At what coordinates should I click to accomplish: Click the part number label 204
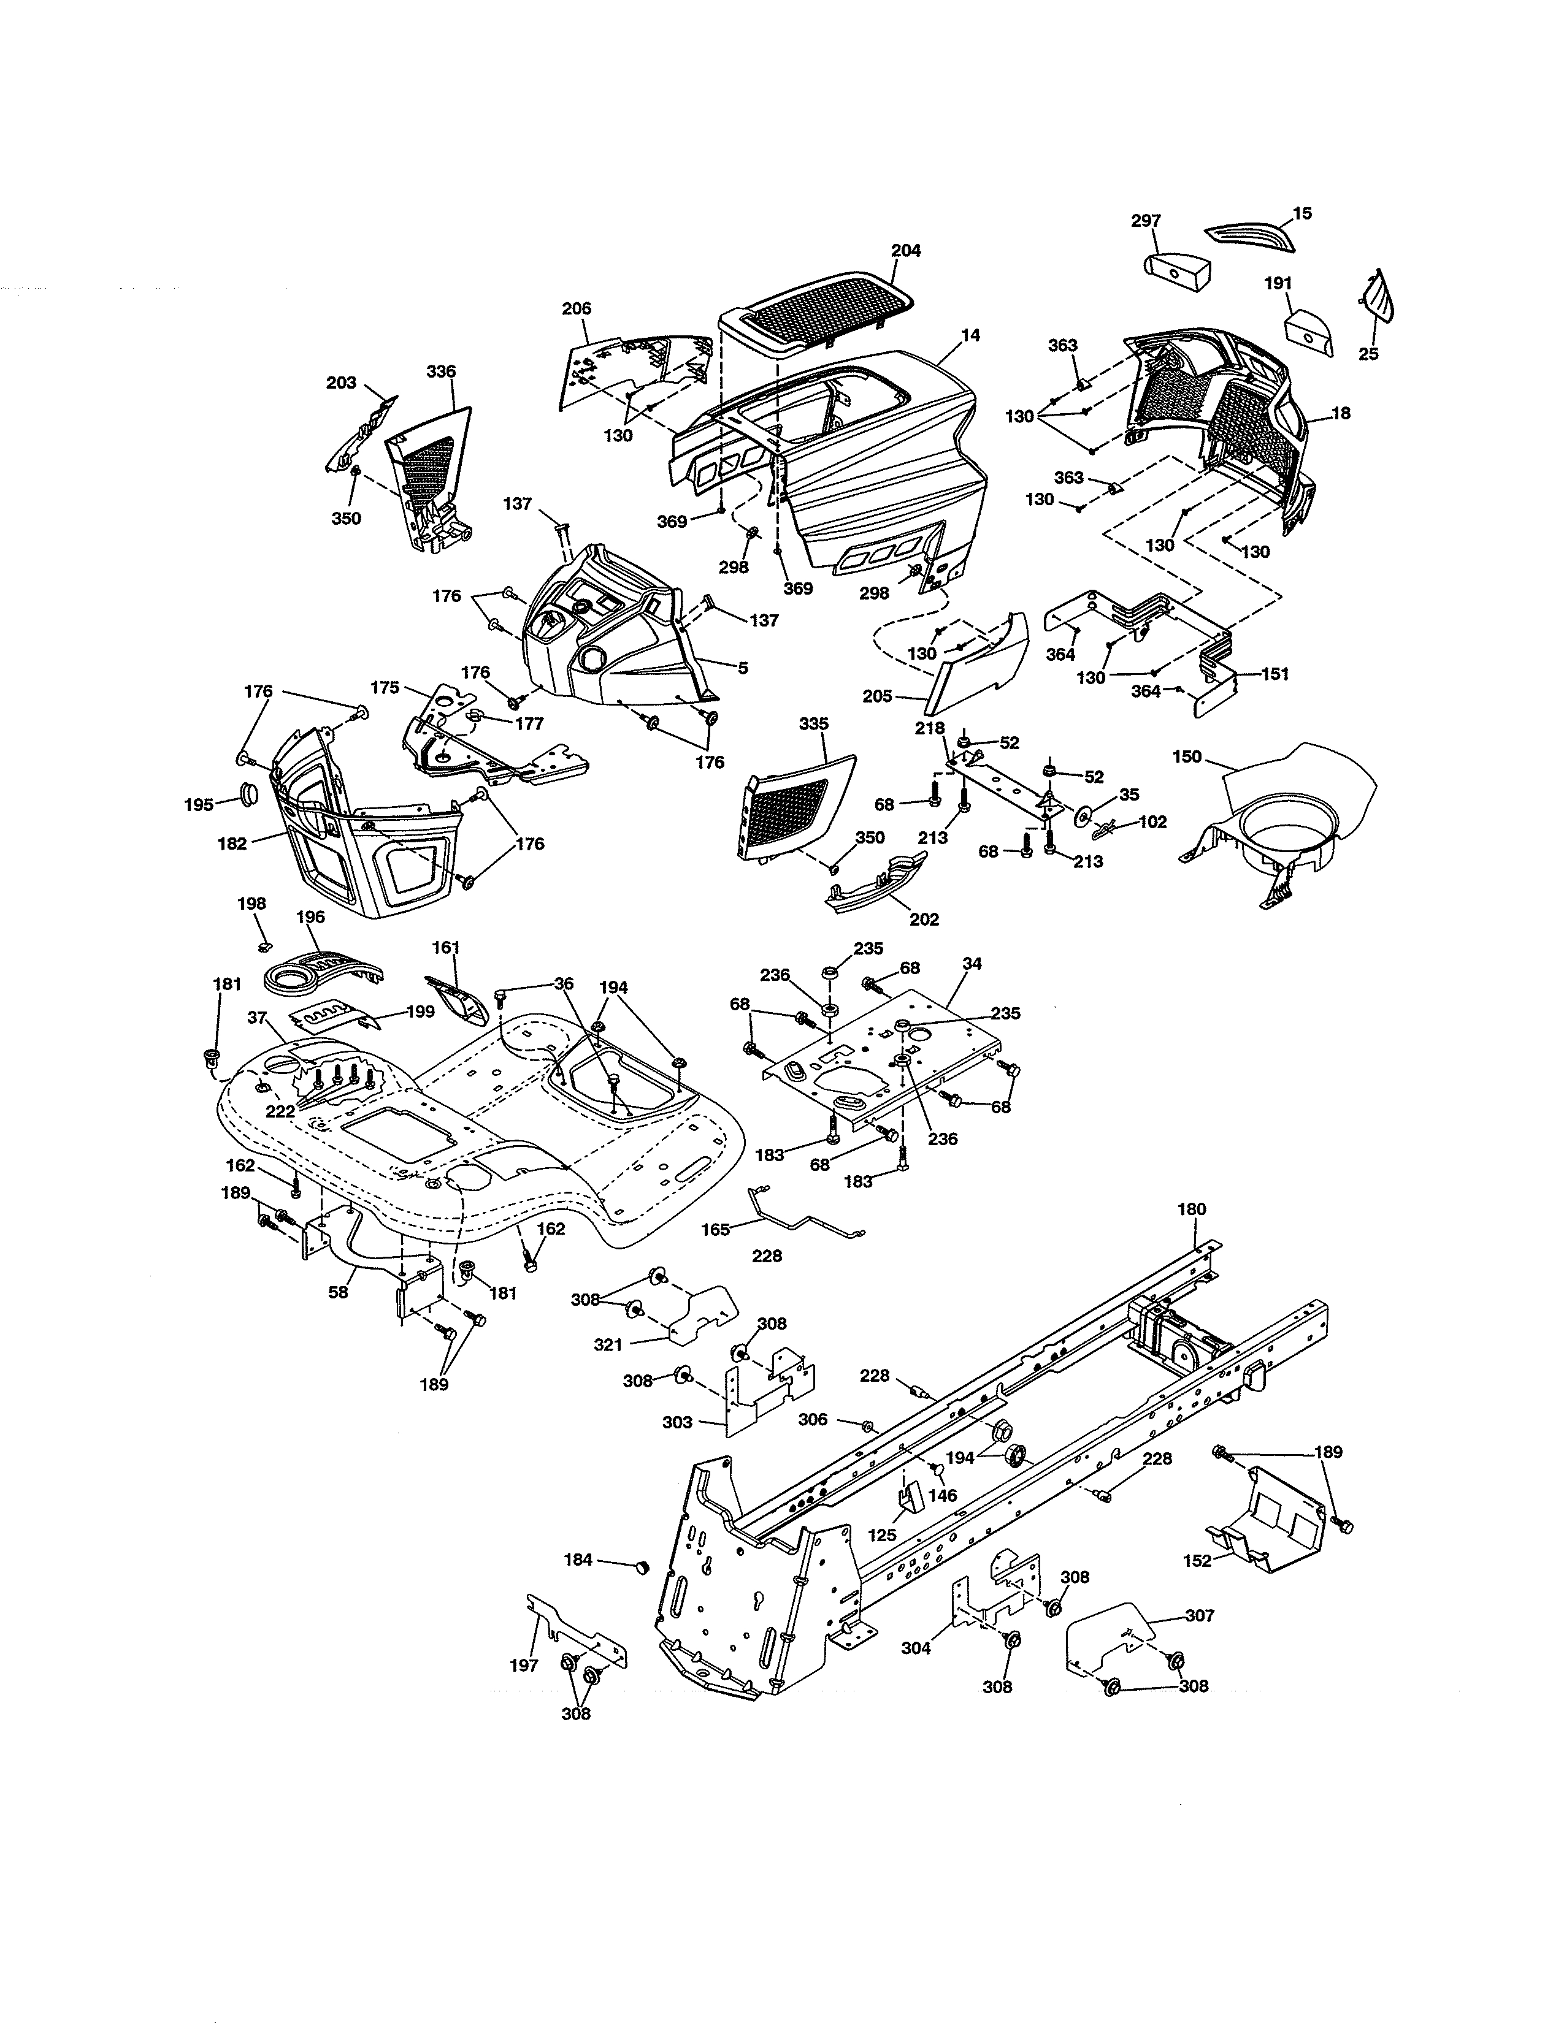pos(906,250)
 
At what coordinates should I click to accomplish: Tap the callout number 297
pos(1146,221)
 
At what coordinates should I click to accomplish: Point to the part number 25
pos(1368,354)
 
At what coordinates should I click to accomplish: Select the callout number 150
pos(1187,756)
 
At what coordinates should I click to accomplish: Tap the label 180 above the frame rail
pos(1192,1209)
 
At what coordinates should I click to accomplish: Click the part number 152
pos(1197,1561)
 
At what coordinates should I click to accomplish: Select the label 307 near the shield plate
pos(1199,1615)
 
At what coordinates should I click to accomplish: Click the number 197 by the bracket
pos(524,1666)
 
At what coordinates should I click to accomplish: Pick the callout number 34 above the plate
pos(972,964)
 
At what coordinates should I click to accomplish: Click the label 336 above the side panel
pos(441,371)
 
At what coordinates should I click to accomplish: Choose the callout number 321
pos(608,1345)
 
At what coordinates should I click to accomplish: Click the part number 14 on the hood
pos(970,335)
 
